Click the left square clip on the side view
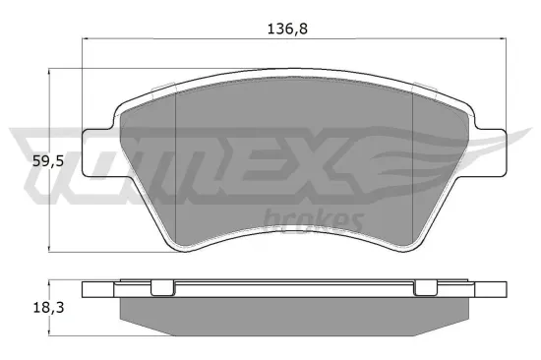158,287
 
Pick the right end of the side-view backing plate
493,289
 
